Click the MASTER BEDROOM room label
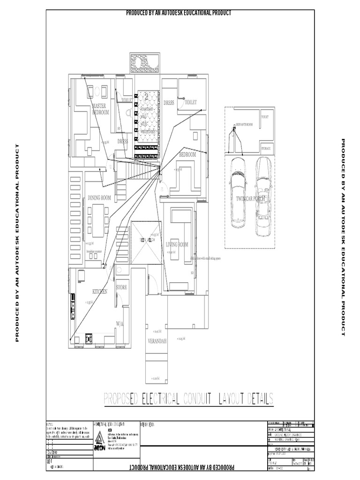click(100, 109)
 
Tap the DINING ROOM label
click(99, 198)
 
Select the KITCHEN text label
click(100, 292)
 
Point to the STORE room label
click(121, 287)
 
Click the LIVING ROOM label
click(177, 245)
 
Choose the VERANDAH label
click(157, 341)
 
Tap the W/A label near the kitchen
click(120, 324)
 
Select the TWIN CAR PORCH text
click(251, 199)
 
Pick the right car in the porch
click(263, 197)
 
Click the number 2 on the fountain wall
click(146, 97)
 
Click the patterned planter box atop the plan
click(145, 62)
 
